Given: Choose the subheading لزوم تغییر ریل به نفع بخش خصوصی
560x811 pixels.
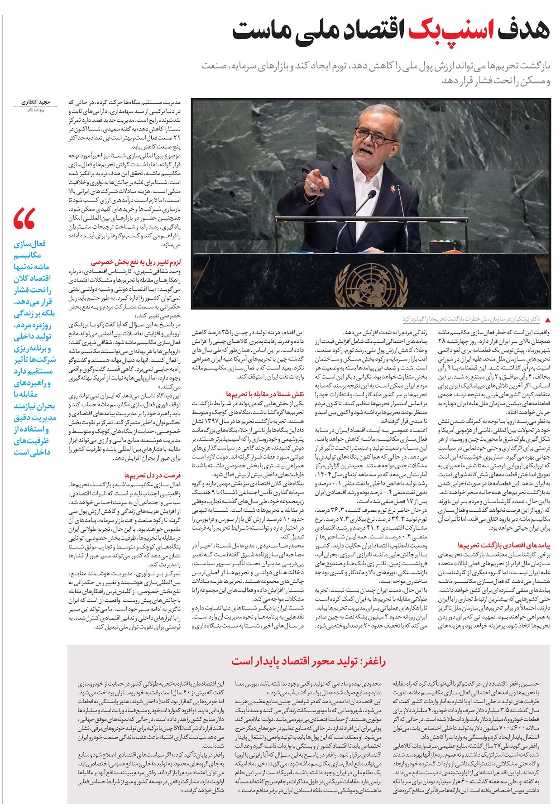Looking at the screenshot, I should [135, 262].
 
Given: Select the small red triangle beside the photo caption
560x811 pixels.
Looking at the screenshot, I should [548, 319].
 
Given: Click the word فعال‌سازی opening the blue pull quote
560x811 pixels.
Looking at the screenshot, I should [29, 244].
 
